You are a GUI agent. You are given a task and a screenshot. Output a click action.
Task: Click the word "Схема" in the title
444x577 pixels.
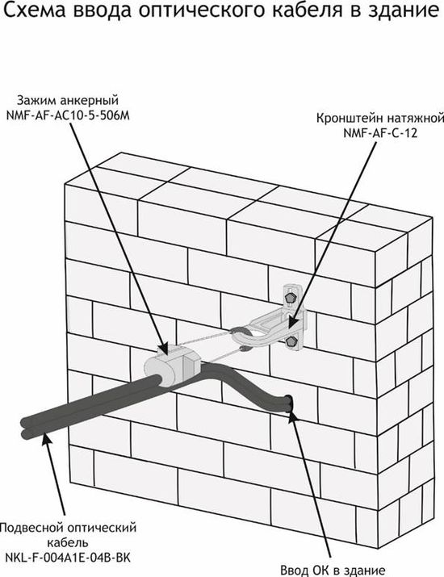35,10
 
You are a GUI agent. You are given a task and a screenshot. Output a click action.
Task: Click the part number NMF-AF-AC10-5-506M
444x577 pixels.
68,115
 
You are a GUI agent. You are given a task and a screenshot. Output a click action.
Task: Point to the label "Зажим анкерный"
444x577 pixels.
68,100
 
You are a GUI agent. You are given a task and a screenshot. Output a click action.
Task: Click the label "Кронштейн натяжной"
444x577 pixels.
380,119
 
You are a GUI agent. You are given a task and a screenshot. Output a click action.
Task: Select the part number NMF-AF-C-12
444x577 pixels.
380,133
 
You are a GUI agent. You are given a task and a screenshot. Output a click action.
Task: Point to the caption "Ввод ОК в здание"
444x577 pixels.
333,571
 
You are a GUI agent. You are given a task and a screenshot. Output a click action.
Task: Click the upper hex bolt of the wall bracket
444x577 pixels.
291,297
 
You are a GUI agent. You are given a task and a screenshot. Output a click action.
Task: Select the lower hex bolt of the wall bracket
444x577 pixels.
291,341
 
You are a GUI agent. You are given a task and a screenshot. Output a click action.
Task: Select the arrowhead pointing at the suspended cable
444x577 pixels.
46,440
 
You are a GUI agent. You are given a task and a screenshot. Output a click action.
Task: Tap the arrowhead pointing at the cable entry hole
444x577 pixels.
293,416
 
